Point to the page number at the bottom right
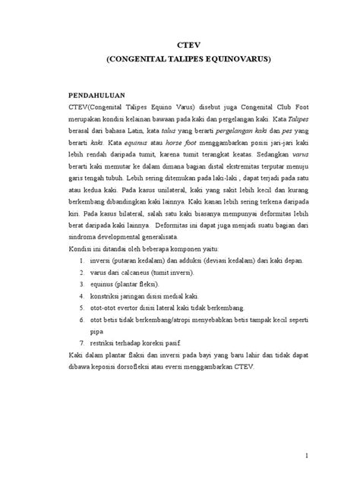[304, 455]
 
